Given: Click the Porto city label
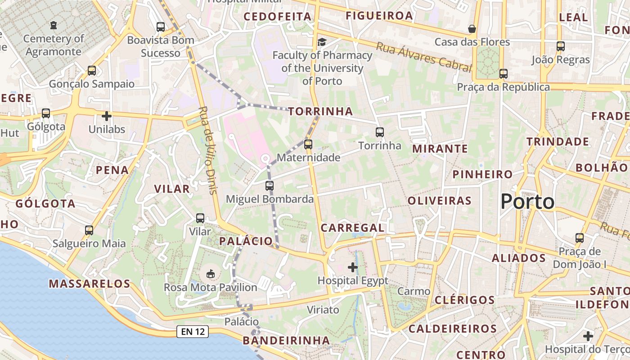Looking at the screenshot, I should pyautogui.click(x=527, y=202).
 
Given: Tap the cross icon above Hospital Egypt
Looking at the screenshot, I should pyautogui.click(x=353, y=268).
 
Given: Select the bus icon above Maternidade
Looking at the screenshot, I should pyautogui.click(x=308, y=144).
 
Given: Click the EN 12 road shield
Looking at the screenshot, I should pyautogui.click(x=193, y=332).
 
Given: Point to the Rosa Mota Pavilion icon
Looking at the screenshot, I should pyautogui.click(x=210, y=274).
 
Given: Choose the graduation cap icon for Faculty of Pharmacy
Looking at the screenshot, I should pyautogui.click(x=322, y=42).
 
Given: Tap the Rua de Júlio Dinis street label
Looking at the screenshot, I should pyautogui.click(x=208, y=150).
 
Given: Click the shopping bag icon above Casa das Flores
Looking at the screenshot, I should pyautogui.click(x=472, y=29).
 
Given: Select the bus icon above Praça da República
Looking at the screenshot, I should pyautogui.click(x=504, y=74).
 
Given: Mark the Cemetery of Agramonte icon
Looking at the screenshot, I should pyautogui.click(x=54, y=25).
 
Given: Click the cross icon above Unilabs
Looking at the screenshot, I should pyautogui.click(x=107, y=116).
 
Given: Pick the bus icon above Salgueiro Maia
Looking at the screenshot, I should pyautogui.click(x=89, y=230).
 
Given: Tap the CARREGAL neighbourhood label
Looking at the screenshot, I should pyautogui.click(x=353, y=228).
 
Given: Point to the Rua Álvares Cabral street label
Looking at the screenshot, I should pyautogui.click(x=424, y=57).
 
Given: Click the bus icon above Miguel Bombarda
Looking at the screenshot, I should pyautogui.click(x=270, y=185).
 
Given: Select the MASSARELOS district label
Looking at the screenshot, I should pyautogui.click(x=90, y=284).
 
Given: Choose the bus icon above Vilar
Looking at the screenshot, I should pyautogui.click(x=200, y=218).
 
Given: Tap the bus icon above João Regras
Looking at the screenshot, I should pyautogui.click(x=560, y=46).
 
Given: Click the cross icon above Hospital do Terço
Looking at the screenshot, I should pyautogui.click(x=588, y=336).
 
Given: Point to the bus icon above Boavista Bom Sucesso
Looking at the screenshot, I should pyautogui.click(x=161, y=27).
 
